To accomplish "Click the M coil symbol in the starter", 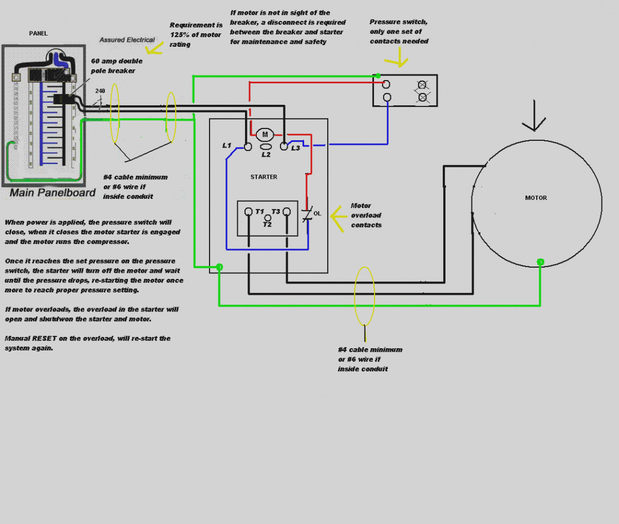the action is click(x=265, y=135).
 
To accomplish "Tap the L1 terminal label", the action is click(x=226, y=145).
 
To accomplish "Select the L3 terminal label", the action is click(x=296, y=148).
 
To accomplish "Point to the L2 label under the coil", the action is click(x=266, y=154).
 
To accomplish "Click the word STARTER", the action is click(x=264, y=177).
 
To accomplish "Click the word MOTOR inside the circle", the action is click(x=536, y=198).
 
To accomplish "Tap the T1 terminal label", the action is click(x=259, y=212).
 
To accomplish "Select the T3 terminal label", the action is click(x=275, y=212).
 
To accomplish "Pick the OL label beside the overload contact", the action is click(x=318, y=214).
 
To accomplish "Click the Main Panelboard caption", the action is click(x=52, y=193).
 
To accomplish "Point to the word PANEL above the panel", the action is click(x=38, y=34).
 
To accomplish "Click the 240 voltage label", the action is click(x=100, y=91).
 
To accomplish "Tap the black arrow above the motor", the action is click(x=534, y=116).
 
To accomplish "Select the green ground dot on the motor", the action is click(x=541, y=262).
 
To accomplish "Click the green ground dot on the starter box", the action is click(x=220, y=267).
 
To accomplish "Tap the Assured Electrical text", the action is click(x=127, y=40).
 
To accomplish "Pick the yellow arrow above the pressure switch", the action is click(x=398, y=57).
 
